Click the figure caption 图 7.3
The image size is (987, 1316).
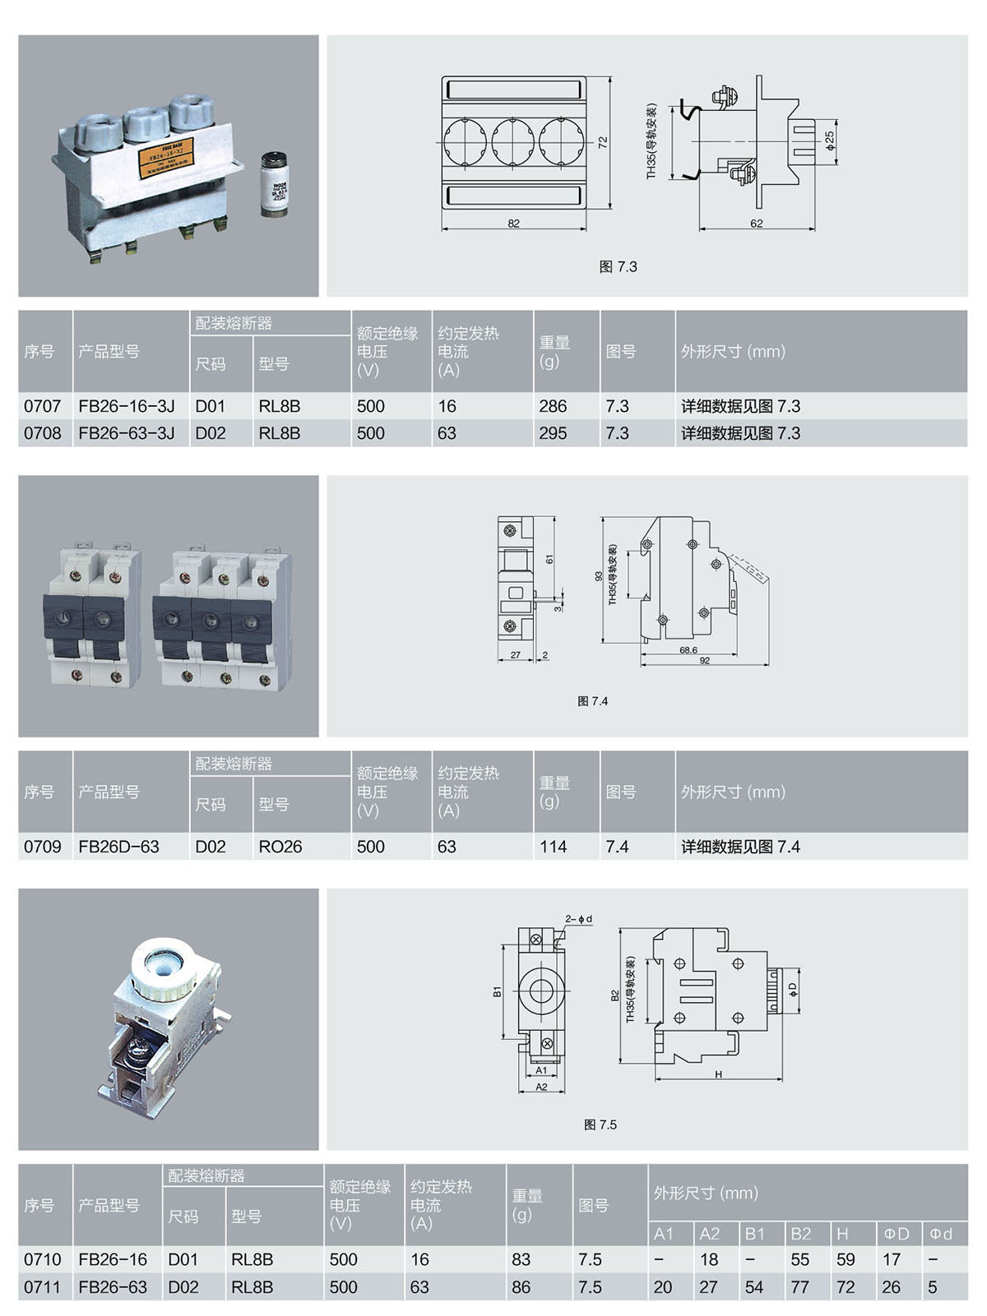(618, 267)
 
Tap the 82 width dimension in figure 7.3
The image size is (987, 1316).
(513, 224)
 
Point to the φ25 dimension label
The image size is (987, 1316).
(830, 140)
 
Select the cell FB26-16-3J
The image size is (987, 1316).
(127, 406)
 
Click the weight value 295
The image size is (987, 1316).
(553, 433)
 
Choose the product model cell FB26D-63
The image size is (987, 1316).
(119, 847)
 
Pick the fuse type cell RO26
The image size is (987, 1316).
(280, 847)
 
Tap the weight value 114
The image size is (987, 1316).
(553, 847)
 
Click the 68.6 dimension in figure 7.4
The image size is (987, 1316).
(688, 650)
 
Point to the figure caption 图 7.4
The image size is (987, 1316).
(592, 701)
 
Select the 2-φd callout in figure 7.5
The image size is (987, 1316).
(578, 919)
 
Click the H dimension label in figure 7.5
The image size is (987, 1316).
(718, 1074)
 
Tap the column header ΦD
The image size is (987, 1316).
(897, 1234)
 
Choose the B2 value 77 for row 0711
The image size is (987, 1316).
(799, 1287)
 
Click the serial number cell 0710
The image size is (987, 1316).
(43, 1259)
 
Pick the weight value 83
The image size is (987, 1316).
(521, 1259)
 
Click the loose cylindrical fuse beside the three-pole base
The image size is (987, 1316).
(276, 185)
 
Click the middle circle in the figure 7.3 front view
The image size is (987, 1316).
(513, 141)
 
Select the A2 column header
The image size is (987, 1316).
(709, 1234)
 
